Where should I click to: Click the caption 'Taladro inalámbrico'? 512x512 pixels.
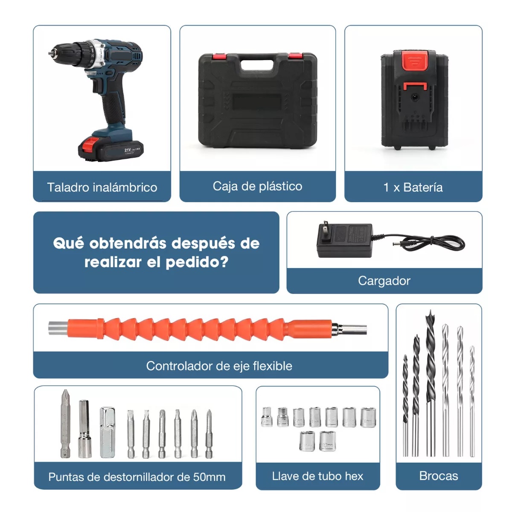pos(102,187)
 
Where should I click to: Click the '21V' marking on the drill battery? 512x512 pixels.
pos(128,150)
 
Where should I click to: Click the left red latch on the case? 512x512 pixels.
pos(219,56)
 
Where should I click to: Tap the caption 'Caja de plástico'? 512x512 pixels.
pos(257,186)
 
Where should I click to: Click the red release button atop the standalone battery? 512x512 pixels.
pos(415,61)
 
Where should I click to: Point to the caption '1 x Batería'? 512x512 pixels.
pos(413,187)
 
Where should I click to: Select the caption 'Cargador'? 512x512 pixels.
pos(384,281)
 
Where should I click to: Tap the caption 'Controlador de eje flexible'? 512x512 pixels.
pos(219,366)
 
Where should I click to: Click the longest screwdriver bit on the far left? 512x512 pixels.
pos(65,422)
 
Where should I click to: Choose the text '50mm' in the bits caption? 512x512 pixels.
pos(209,477)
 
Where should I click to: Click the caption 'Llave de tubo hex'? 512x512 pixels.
pos(317,476)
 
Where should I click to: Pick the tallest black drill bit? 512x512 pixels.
pos(430,384)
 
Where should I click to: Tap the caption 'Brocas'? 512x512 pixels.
pos(439,476)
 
